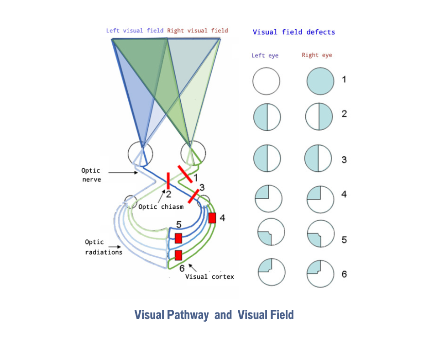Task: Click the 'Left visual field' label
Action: [135, 31]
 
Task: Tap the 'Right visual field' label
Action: [197, 31]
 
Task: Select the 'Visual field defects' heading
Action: [293, 32]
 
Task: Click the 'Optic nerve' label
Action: [91, 175]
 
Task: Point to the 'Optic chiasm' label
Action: [161, 206]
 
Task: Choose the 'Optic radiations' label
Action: [104, 247]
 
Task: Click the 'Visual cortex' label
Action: [209, 276]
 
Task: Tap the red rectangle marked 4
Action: [212, 218]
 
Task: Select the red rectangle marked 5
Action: [178, 238]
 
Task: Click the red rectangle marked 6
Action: [178, 255]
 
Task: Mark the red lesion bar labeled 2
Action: [168, 181]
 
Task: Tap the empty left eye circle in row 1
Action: [266, 81]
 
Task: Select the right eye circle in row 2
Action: [318, 117]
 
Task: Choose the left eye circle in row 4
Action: [268, 199]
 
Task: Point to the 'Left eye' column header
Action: [265, 55]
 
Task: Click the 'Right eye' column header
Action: [317, 55]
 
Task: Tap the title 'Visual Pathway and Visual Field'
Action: [214, 315]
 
